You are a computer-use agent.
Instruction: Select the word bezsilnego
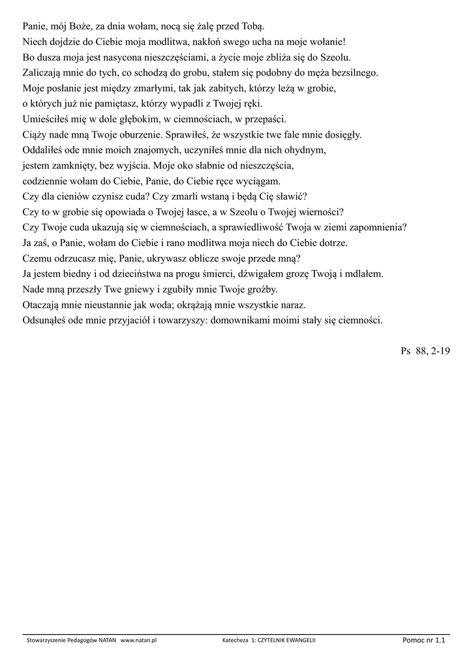[353, 73]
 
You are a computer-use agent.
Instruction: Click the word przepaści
[263, 119]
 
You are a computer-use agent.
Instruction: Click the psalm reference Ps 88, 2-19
[425, 351]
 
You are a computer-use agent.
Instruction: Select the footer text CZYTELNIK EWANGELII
[287, 641]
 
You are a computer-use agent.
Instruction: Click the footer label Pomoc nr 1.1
[424, 641]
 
